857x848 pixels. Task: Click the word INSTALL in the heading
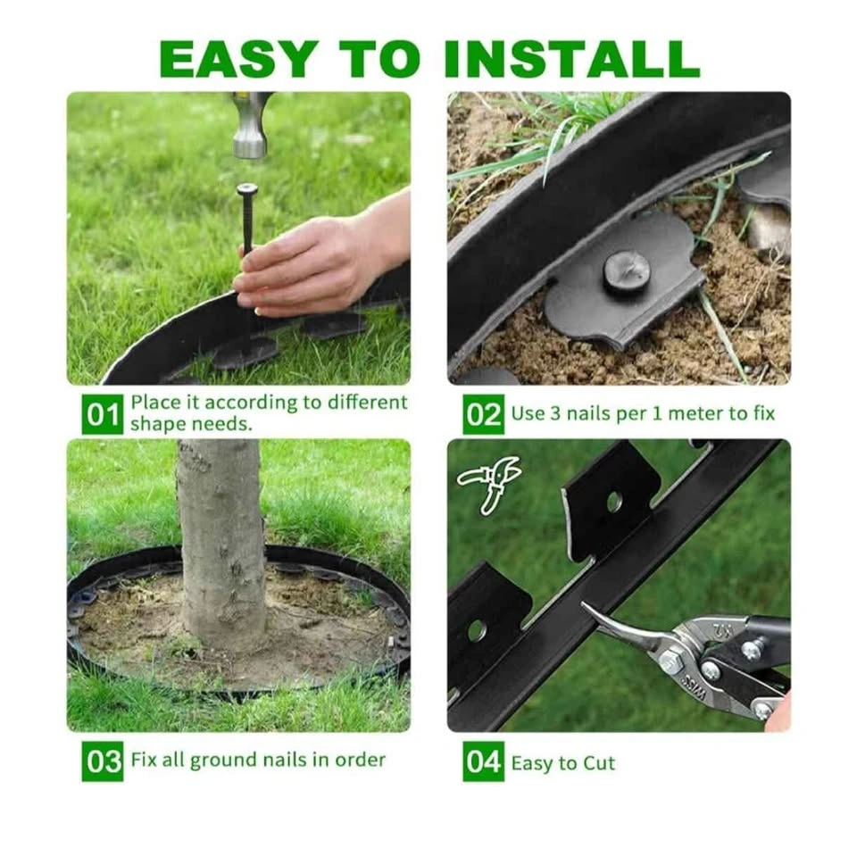click(x=572, y=58)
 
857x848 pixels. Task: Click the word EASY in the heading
click(x=238, y=58)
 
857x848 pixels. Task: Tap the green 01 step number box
click(x=103, y=415)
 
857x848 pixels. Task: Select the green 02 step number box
click(x=483, y=414)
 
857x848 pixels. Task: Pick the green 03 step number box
click(x=103, y=761)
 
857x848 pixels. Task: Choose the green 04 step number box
click(x=483, y=761)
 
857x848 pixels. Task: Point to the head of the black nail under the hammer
click(x=247, y=190)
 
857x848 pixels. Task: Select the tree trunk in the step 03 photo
click(x=221, y=541)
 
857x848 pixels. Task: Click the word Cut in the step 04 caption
click(x=598, y=763)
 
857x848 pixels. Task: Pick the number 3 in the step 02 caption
click(x=555, y=413)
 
